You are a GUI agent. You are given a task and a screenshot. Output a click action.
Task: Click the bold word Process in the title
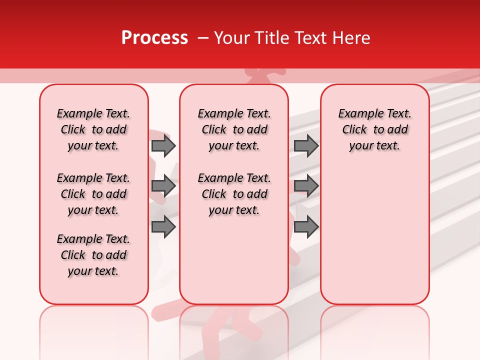click(154, 38)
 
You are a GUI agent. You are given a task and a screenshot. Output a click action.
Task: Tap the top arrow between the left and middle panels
click(163, 145)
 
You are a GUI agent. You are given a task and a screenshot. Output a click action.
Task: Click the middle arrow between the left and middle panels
click(163, 186)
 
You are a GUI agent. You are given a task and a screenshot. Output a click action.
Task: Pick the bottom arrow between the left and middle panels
click(163, 227)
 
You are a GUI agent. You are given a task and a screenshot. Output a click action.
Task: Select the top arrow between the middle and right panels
click(306, 145)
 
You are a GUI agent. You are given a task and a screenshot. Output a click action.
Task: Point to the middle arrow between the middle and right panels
click(306, 186)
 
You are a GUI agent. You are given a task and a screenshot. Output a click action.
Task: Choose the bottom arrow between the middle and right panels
click(306, 227)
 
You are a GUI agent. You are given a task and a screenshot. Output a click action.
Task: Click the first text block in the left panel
click(93, 129)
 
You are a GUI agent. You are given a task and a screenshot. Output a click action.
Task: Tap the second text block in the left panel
click(93, 194)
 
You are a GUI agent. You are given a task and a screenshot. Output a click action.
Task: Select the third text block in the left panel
click(93, 255)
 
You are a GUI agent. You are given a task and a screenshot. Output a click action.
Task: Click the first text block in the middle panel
click(234, 129)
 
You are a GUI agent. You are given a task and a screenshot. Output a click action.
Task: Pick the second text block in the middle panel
click(234, 194)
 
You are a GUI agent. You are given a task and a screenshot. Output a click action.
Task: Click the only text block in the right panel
click(374, 129)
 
